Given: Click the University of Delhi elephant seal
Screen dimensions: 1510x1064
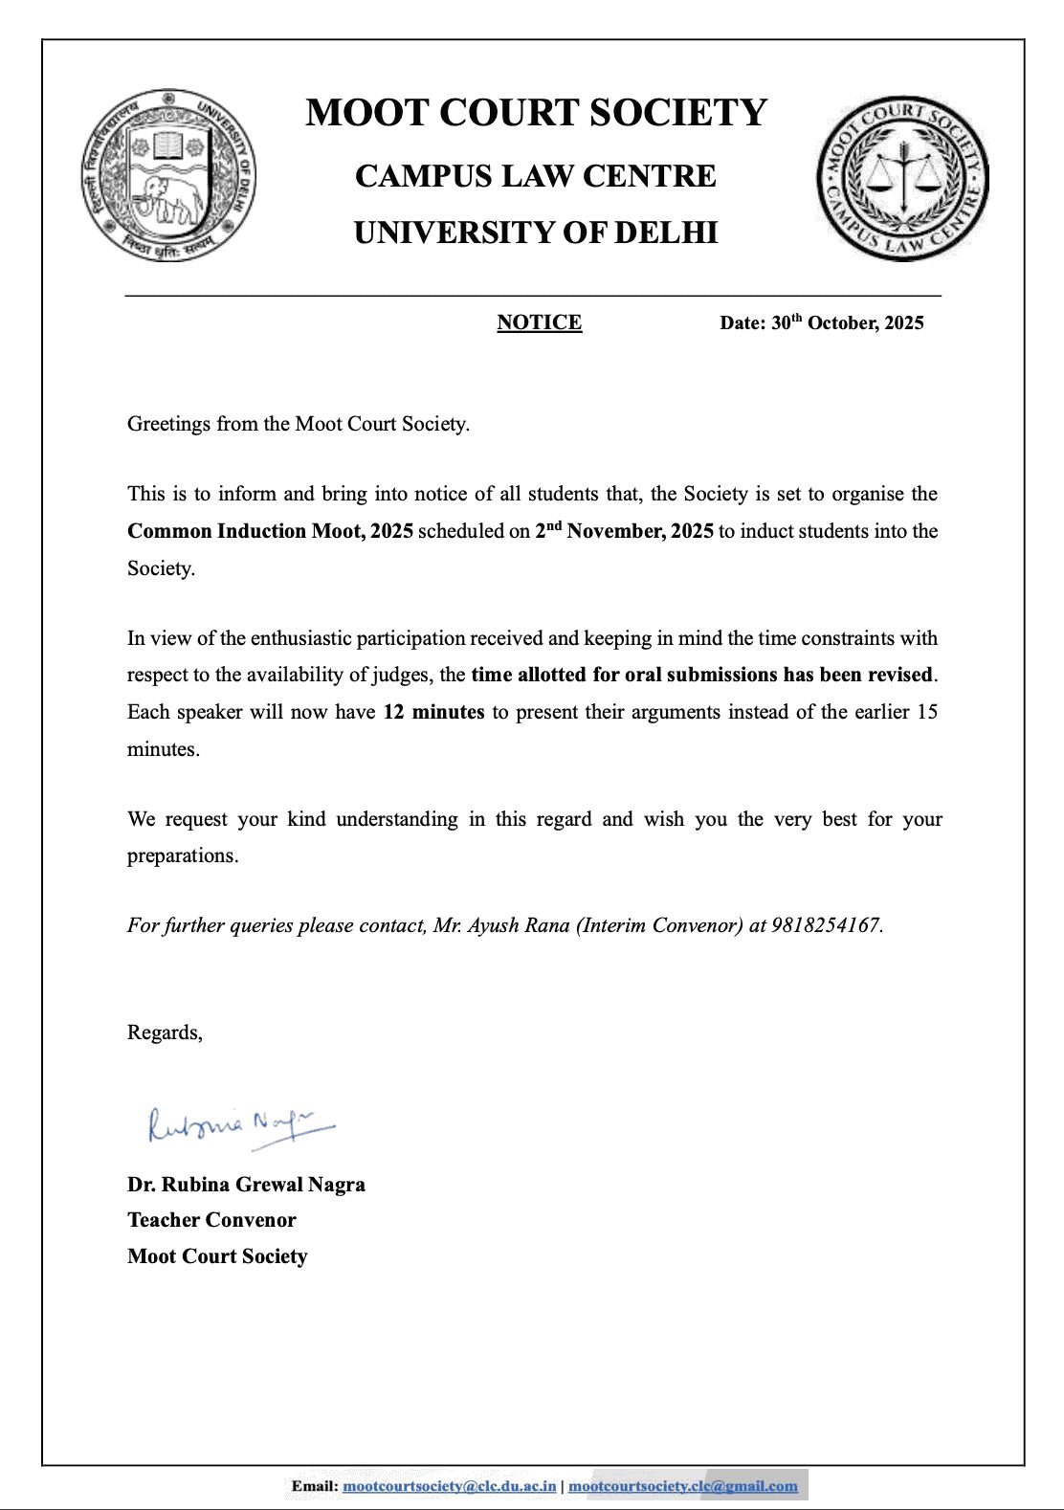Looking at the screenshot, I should (x=168, y=175).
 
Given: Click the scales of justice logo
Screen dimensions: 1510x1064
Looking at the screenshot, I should (x=902, y=179).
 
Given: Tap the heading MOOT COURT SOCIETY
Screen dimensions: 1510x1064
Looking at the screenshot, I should (x=536, y=113).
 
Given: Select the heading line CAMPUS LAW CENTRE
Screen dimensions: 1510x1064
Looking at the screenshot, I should (x=536, y=176).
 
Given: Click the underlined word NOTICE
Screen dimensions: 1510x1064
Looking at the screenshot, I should (x=539, y=322).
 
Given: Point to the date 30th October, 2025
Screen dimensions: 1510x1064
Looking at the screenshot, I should (x=847, y=322).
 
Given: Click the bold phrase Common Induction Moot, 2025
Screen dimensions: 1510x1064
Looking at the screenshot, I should (x=270, y=531).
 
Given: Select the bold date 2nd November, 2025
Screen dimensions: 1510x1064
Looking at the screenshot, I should (x=624, y=531).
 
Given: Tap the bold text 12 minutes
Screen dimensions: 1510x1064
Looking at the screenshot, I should (x=433, y=712).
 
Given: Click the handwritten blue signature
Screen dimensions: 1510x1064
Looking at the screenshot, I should (x=240, y=1125).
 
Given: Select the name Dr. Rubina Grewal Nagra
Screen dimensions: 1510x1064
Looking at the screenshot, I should (x=246, y=1185).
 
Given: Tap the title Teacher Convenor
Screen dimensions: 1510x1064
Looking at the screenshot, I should (x=211, y=1220).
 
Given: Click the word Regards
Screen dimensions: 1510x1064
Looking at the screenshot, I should (x=164, y=1033).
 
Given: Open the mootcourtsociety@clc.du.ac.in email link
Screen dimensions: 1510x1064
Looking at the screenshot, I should (x=449, y=1486).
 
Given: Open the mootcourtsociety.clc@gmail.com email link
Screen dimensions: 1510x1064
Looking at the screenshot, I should (x=682, y=1486).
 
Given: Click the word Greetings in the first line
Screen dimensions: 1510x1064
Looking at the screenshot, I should (x=168, y=424).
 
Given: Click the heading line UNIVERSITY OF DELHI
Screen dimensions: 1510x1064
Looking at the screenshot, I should (x=536, y=233).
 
